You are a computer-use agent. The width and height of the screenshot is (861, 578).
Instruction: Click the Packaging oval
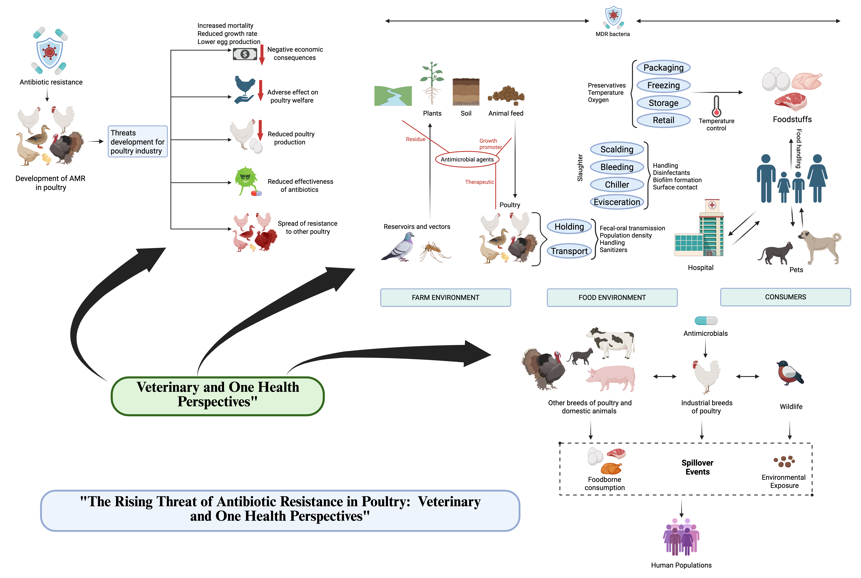tap(663, 68)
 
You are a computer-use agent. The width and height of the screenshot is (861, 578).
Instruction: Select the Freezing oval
tap(663, 86)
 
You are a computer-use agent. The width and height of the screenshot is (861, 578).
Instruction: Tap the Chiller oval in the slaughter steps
tap(617, 185)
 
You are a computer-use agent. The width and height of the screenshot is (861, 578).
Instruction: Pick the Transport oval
tap(569, 251)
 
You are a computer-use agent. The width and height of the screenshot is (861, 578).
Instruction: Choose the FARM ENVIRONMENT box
tap(445, 297)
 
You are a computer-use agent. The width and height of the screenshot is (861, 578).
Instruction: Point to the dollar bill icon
tap(245, 54)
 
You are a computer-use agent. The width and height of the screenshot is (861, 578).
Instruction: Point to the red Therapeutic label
tap(479, 182)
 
